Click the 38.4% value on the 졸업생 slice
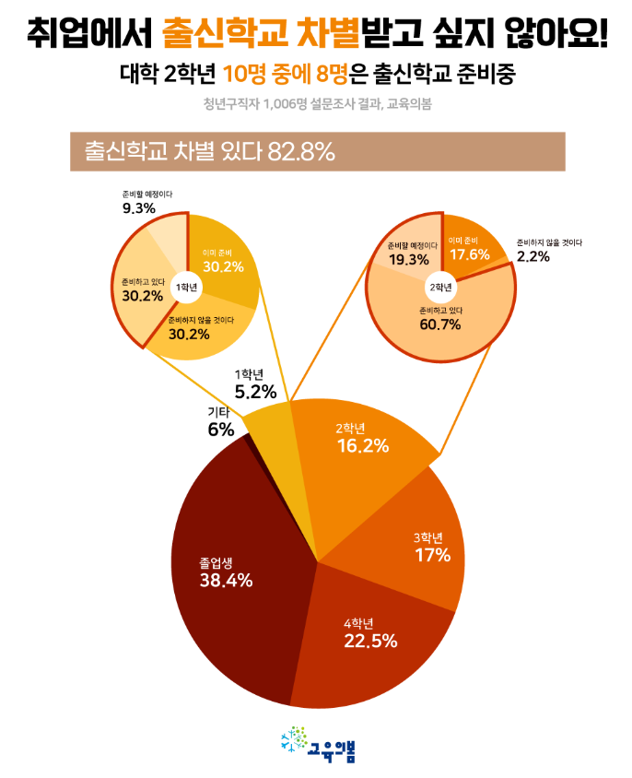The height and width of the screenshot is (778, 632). pyautogui.click(x=226, y=581)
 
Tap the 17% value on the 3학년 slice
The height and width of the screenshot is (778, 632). pyautogui.click(x=432, y=555)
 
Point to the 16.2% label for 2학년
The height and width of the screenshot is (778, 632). pyautogui.click(x=362, y=446)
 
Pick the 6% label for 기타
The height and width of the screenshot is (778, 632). pyautogui.click(x=220, y=430)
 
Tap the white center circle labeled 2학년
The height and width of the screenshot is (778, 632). pyautogui.click(x=441, y=287)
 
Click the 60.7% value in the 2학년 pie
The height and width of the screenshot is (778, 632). pyautogui.click(x=439, y=325)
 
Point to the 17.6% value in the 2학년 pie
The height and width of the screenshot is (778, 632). pyautogui.click(x=471, y=254)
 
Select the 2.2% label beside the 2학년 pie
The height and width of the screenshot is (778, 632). pyautogui.click(x=533, y=257)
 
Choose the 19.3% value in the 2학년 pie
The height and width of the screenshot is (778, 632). pyautogui.click(x=408, y=260)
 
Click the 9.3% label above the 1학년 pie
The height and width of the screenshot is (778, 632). pyautogui.click(x=138, y=209)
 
